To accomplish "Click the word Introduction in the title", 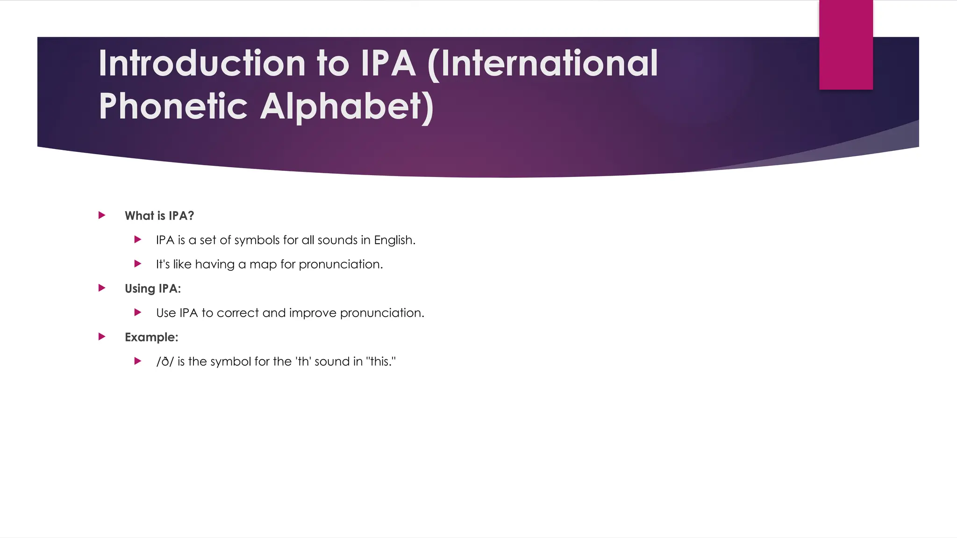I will (202, 64).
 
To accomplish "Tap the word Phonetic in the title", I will (173, 106).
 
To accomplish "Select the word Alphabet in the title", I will (347, 106).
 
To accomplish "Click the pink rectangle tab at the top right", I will (846, 45).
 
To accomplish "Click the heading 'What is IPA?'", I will (159, 216).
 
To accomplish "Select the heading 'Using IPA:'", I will (152, 289).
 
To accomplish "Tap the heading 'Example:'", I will (151, 337).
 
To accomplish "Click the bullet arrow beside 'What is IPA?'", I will (102, 215).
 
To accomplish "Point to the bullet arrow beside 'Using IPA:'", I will (102, 288).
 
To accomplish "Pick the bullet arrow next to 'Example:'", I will (102, 337).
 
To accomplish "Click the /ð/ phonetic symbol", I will (165, 361).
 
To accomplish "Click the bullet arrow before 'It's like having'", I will (138, 264).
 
